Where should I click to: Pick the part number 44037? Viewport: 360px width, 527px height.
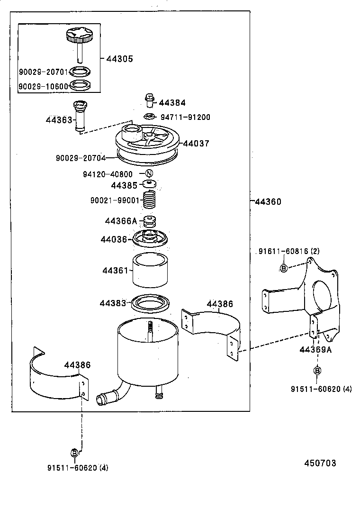point(196,143)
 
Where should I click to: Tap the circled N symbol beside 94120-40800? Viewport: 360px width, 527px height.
point(149,173)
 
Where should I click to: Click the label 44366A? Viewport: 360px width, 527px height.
point(120,221)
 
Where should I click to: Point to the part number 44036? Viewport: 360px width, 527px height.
point(114,239)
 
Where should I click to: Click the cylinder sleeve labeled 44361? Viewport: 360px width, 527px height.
point(150,271)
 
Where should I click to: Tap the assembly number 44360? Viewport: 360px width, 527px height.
point(268,201)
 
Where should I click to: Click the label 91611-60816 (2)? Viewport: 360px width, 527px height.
point(289,251)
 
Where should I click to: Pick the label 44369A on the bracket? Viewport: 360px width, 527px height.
point(315,350)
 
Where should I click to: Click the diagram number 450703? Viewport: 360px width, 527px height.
point(320,463)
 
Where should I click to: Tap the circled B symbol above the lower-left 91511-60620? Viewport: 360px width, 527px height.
point(74,453)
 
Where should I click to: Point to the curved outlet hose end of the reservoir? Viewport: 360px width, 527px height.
point(101,400)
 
